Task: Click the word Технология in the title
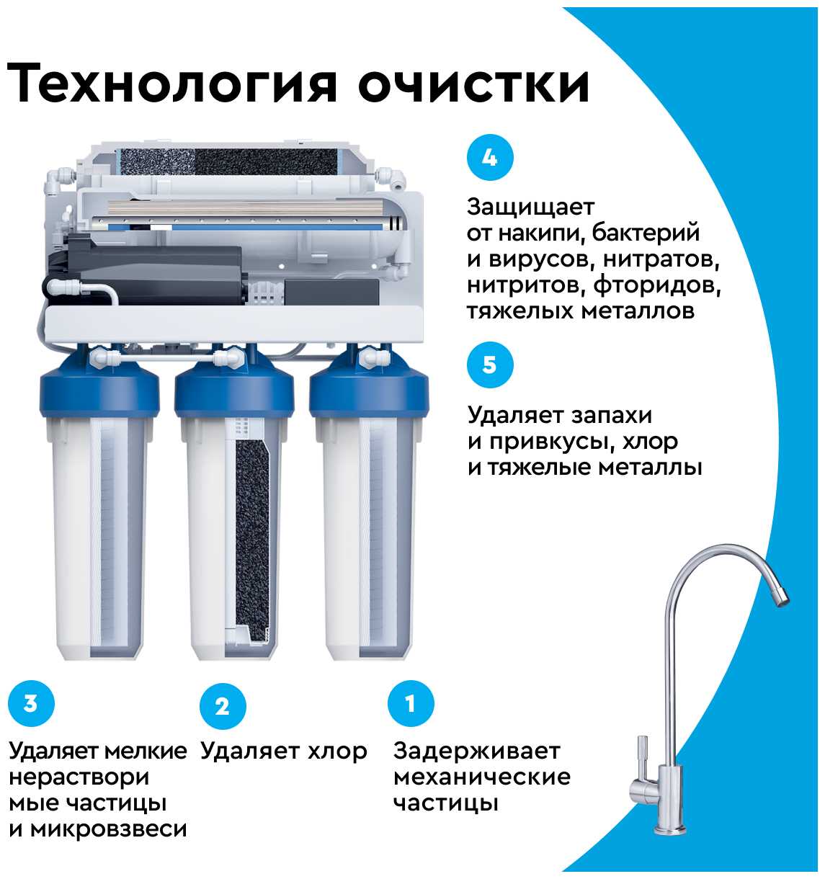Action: pyautogui.click(x=171, y=84)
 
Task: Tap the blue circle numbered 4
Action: pyautogui.click(x=490, y=157)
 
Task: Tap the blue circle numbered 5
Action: pyautogui.click(x=490, y=365)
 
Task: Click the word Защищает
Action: pyautogui.click(x=530, y=208)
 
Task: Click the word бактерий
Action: pyautogui.click(x=646, y=233)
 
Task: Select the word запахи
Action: pyautogui.click(x=611, y=416)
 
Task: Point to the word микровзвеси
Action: pyautogui.click(x=109, y=829)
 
